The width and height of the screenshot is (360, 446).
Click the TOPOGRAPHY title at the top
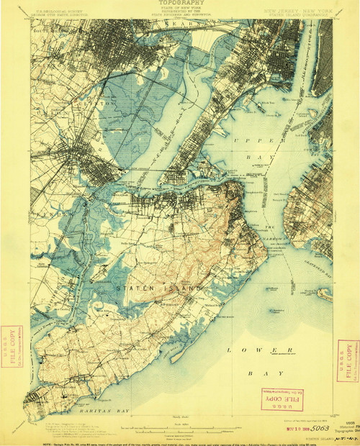coord(179,4)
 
